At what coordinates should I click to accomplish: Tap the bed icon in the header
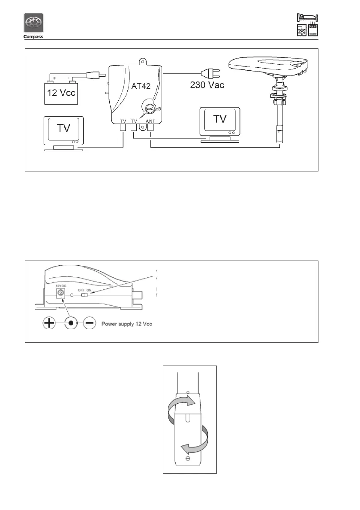(x=307, y=17)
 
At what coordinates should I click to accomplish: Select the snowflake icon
(x=301, y=31)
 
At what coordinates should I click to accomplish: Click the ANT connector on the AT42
(x=150, y=128)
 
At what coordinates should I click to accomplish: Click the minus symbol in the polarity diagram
(x=89, y=323)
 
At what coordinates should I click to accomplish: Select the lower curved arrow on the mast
(x=197, y=441)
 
